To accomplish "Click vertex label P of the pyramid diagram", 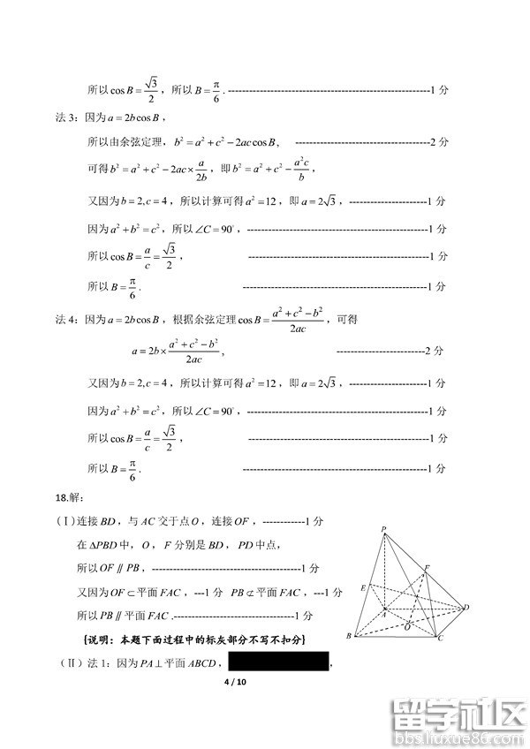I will (384, 530).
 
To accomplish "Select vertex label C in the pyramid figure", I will (440, 637).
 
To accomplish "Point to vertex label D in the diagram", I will (466, 608).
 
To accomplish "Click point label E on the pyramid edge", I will (362, 587).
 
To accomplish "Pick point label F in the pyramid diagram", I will (427, 566).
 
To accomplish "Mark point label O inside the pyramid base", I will (406, 626).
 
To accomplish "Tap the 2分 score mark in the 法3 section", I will (438, 141).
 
